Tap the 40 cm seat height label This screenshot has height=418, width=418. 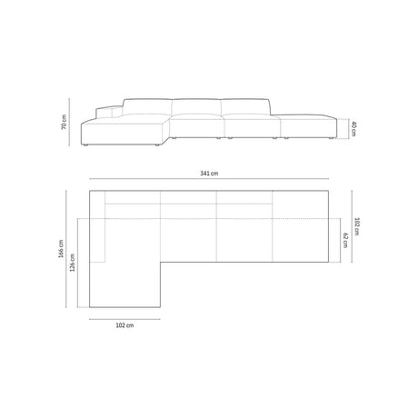point(353,130)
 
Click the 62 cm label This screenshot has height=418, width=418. point(345,239)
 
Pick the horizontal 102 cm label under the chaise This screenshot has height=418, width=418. point(124,323)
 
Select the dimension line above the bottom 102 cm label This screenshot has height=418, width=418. point(124,316)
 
